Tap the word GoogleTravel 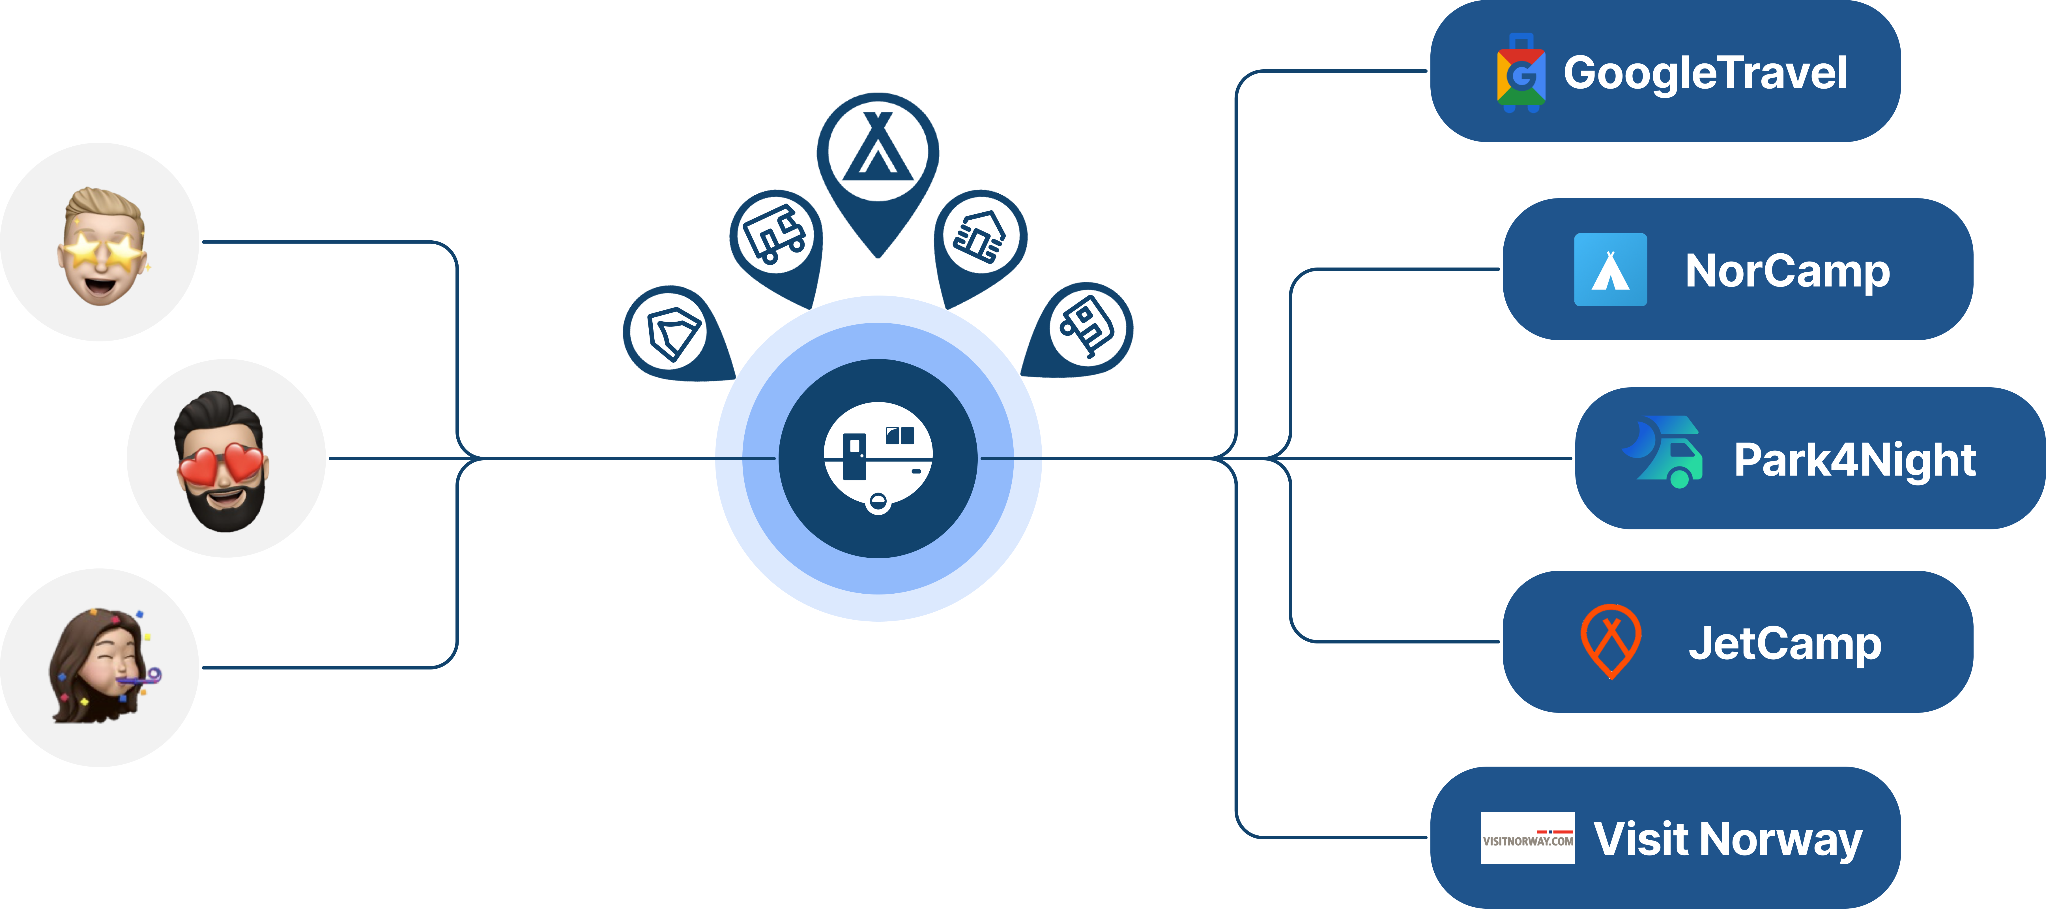[x=1705, y=73]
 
